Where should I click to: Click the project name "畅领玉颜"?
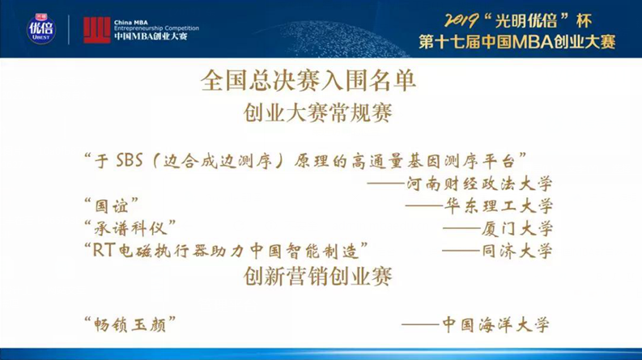point(130,324)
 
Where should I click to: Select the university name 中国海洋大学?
point(495,324)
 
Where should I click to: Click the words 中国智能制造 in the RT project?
point(312,250)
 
